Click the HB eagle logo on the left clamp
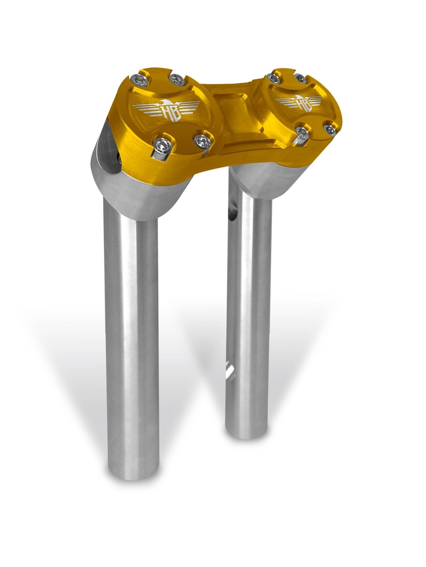click(x=162, y=108)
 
